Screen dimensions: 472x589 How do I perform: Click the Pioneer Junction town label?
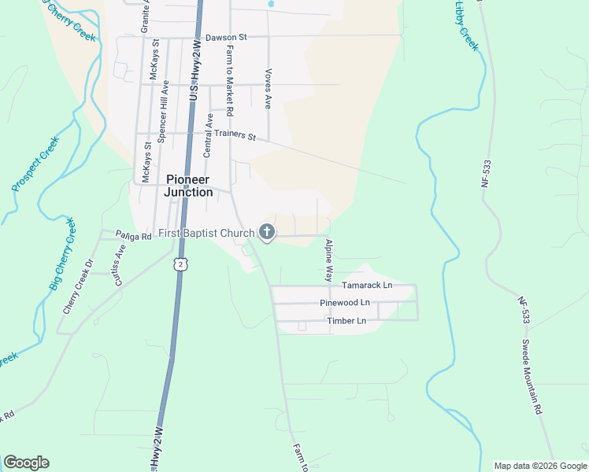tap(188, 186)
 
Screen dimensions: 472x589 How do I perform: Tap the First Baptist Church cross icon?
tap(267, 232)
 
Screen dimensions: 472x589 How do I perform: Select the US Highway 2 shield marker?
tap(182, 264)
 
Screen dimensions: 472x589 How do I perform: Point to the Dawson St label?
tap(226, 37)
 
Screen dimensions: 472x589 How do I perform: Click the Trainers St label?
tap(241, 137)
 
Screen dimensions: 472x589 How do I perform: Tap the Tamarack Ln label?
tap(366, 286)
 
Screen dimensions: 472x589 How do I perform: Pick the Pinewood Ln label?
tap(344, 303)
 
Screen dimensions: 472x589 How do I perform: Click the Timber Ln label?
tap(346, 321)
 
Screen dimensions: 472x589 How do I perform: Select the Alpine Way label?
tap(328, 260)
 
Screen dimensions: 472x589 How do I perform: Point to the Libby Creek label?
tap(466, 25)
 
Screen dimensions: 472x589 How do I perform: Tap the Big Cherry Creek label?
tap(63, 254)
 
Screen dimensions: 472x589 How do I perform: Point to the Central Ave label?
tap(208, 135)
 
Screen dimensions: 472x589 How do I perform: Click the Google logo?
tap(26, 463)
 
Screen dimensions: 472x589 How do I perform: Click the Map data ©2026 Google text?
tap(539, 466)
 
